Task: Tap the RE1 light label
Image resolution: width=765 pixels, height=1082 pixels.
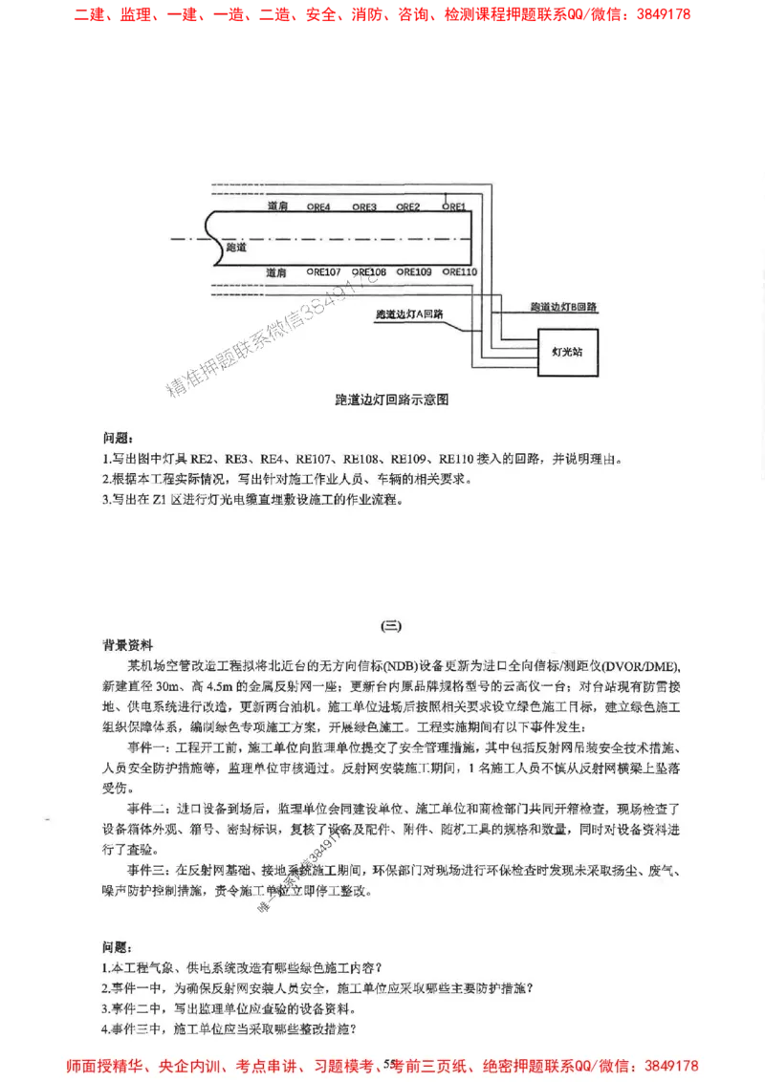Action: [x=453, y=206]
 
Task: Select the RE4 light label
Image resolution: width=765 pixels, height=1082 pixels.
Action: [x=318, y=206]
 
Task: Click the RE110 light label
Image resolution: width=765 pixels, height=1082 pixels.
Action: [x=461, y=272]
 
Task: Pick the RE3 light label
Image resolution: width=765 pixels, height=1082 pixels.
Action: [x=364, y=206]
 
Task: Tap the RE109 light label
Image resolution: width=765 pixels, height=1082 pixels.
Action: [x=415, y=272]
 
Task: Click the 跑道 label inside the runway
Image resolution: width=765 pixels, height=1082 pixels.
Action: [x=236, y=247]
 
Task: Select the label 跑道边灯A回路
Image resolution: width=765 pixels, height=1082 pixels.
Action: [x=416, y=314]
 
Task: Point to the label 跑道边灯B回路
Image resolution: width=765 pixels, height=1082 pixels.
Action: [x=564, y=307]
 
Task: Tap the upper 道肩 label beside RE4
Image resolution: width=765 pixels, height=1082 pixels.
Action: [x=277, y=206]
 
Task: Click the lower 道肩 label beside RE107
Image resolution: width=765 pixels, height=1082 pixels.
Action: [x=277, y=272]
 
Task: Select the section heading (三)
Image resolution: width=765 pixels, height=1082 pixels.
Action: [x=392, y=627]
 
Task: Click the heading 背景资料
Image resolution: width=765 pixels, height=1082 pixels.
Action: [x=128, y=644]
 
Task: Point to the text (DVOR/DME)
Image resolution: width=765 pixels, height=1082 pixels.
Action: [x=640, y=665]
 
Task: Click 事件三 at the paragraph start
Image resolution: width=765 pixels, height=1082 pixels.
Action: [x=146, y=870]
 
